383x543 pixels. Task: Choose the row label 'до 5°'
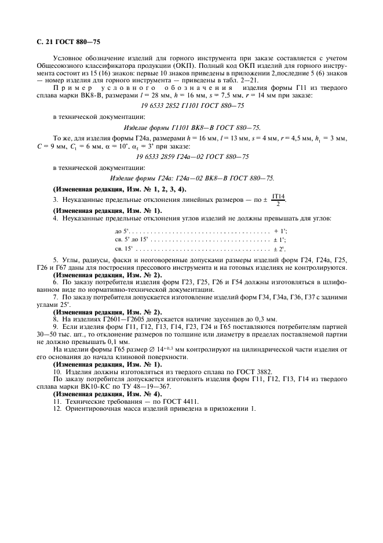pyautogui.click(x=122, y=230)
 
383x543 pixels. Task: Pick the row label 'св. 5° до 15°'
pyautogui.click(x=132, y=239)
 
